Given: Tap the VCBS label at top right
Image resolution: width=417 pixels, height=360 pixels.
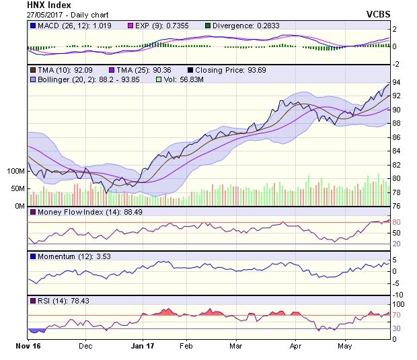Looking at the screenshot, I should (378, 14).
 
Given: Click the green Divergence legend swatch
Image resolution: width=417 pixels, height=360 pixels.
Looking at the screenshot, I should (208, 26).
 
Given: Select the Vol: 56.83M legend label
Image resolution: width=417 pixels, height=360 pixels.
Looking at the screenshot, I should (182, 79).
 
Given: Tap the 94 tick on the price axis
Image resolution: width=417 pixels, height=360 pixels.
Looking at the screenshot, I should (397, 82).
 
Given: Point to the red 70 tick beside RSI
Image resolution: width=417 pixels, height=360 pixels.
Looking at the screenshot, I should (397, 315).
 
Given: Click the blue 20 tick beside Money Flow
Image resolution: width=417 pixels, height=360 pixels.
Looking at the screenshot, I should (397, 244).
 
